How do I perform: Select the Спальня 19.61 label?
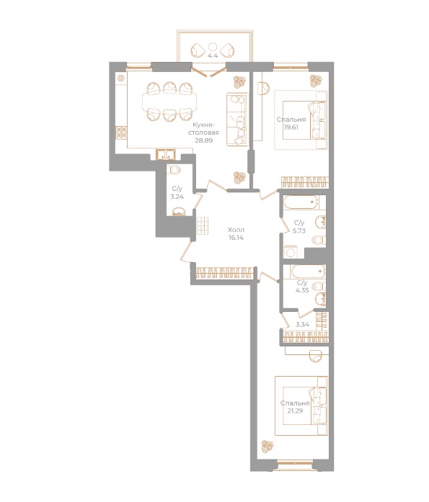pyautogui.click(x=291, y=124)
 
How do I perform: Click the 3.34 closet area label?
pyautogui.click(x=303, y=325)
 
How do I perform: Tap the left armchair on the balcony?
pyautogui.click(x=198, y=50)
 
